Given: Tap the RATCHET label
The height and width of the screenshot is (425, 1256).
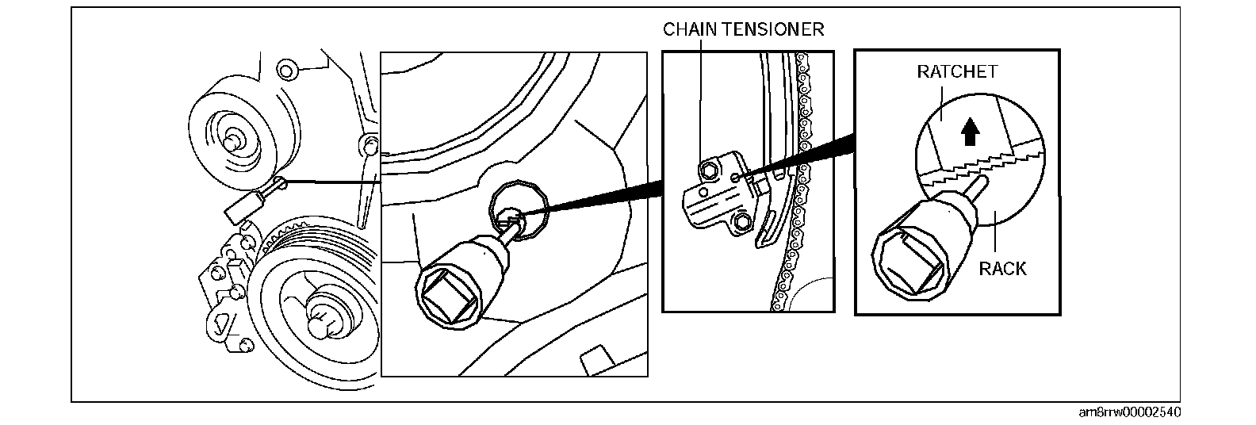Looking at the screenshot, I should (957, 72).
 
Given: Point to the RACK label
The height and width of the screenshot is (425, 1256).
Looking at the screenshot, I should (1002, 269).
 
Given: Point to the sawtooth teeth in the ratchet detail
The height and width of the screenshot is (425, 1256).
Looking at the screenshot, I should (983, 165).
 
